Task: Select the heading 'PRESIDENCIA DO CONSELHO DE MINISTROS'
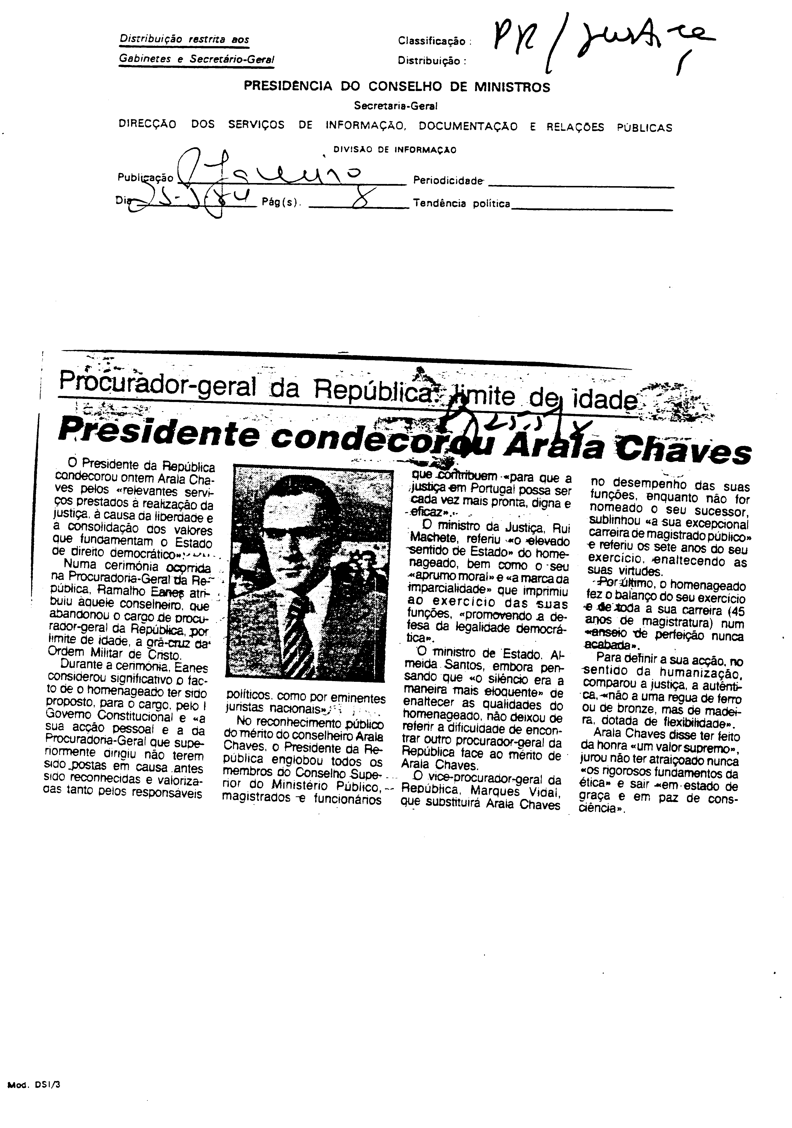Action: (x=397, y=87)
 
